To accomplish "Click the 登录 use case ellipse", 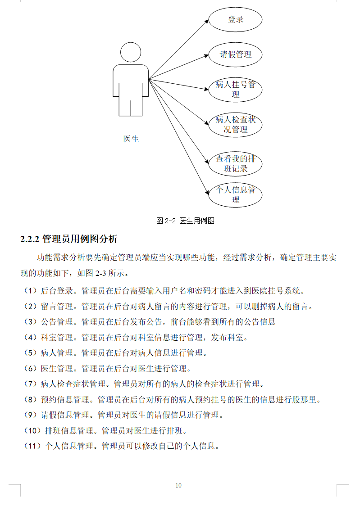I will coord(235,20).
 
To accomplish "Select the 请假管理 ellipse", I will coord(235,55).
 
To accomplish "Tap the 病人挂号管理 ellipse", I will coord(235,90).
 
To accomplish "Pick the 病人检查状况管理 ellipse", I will coord(235,125).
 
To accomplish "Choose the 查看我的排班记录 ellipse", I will coord(235,164).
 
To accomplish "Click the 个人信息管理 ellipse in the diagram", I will coord(235,195).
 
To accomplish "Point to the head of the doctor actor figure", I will coord(131,52).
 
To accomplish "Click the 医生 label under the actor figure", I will coord(131,139).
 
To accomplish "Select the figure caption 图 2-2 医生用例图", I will coord(185,221).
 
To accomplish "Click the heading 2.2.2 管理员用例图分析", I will coord(69,239).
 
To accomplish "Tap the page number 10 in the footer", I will coord(178,485).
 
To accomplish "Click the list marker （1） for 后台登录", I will coord(29,291).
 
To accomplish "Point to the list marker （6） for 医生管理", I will coord(29,369).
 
